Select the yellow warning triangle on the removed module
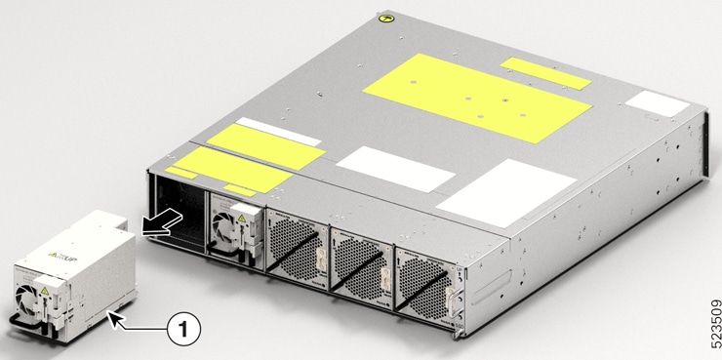(x=45, y=289)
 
